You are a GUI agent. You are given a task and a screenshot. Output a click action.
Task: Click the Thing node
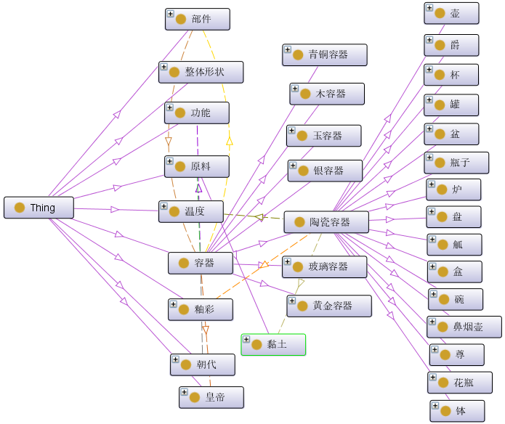39,208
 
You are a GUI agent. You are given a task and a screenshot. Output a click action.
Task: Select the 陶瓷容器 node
326,222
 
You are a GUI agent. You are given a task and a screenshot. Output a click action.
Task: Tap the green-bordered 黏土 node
273,344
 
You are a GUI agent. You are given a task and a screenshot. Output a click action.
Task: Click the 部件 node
198,19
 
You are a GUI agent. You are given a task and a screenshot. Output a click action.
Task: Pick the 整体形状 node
201,72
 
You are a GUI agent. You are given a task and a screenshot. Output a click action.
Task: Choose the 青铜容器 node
325,54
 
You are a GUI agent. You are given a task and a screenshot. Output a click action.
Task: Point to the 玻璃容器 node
325,266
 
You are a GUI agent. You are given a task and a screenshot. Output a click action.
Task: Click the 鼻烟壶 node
464,327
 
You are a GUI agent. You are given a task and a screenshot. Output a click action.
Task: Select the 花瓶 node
460,383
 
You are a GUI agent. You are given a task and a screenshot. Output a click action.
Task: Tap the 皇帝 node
211,397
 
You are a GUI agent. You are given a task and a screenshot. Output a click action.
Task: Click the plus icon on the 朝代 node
175,359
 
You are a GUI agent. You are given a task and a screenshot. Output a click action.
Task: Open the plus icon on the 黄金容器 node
292,301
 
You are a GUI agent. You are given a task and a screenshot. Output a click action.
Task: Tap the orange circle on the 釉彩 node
184,310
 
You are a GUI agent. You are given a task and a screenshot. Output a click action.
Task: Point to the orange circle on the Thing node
20,208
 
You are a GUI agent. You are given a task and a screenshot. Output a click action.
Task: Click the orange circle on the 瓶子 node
440,163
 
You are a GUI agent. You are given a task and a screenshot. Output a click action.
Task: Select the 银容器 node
325,171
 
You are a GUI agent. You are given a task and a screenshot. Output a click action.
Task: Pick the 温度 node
191,211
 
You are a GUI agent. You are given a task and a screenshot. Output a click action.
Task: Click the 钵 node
457,411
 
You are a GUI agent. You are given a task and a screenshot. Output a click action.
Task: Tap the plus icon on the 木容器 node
295,89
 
